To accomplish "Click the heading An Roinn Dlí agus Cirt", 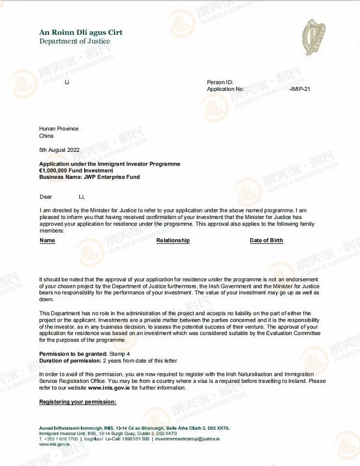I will click(80, 32).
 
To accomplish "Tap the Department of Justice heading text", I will click(74, 41).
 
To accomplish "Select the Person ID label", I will click(220, 82).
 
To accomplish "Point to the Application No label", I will click(225, 89).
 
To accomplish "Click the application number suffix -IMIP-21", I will click(299, 89).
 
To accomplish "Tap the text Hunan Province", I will click(59, 129).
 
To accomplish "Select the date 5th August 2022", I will click(59, 150).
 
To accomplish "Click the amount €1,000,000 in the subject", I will click(56, 171).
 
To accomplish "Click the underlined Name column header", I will click(47, 240).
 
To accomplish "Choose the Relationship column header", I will click(173, 240).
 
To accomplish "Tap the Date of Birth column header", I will click(266, 240).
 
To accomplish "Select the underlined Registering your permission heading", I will click(78, 402).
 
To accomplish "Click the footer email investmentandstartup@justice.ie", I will click(187, 438).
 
